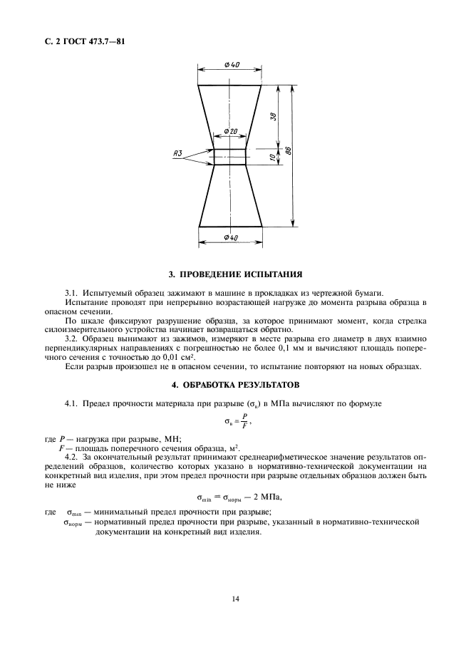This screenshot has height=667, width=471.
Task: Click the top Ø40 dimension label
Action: tap(231, 65)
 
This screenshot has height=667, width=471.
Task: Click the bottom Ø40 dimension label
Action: tap(230, 237)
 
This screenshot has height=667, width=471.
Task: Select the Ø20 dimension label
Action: tap(230, 132)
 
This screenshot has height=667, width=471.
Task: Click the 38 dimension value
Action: tap(273, 115)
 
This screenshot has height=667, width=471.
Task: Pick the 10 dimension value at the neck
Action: tap(273, 157)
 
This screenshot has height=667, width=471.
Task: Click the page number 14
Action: tap(235, 599)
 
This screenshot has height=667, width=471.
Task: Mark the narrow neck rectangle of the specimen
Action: tap(230, 157)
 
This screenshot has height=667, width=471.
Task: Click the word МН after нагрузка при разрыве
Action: tap(172, 440)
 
